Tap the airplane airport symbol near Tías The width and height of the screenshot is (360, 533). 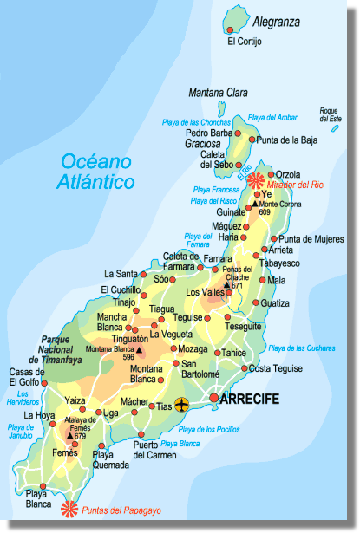(x=181, y=405)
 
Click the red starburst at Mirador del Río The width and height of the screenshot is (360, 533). (x=256, y=180)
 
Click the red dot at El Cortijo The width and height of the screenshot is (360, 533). (x=231, y=29)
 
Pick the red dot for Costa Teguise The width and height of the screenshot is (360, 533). (x=245, y=368)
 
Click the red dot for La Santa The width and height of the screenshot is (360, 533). (x=145, y=275)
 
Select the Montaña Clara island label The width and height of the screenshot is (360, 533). (x=218, y=93)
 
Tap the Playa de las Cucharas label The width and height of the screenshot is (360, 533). (x=303, y=348)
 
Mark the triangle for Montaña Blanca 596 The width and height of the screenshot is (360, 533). (x=140, y=351)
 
